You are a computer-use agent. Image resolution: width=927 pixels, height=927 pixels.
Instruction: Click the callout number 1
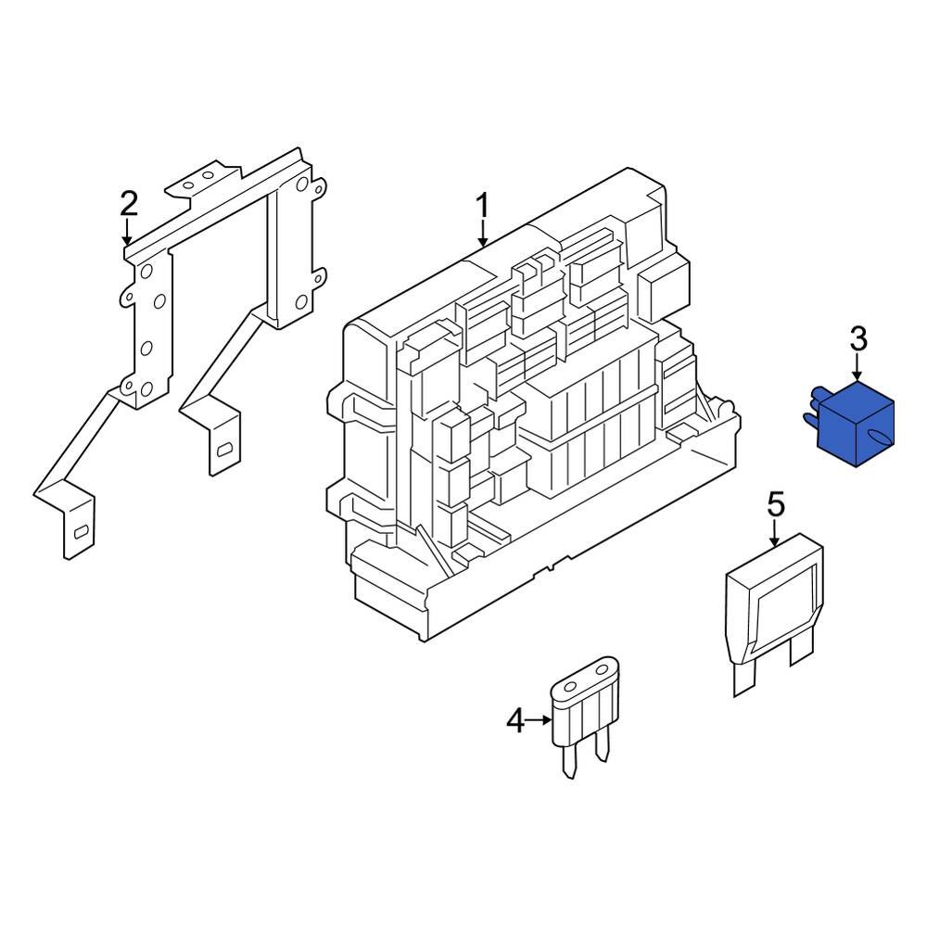(482, 206)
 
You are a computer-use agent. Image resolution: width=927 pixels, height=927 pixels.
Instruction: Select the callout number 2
(128, 203)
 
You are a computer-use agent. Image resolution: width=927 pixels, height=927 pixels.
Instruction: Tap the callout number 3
(858, 339)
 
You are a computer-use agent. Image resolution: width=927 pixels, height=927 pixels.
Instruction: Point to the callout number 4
(515, 719)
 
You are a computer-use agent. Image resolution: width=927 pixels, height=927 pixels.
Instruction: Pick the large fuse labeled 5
(774, 603)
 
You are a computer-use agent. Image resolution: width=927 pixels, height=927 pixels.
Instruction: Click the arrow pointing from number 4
(539, 719)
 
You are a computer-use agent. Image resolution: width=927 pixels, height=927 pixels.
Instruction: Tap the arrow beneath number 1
(482, 235)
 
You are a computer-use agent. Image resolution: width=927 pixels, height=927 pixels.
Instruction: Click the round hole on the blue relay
(874, 435)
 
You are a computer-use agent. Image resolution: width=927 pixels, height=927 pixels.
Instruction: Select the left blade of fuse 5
(743, 679)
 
